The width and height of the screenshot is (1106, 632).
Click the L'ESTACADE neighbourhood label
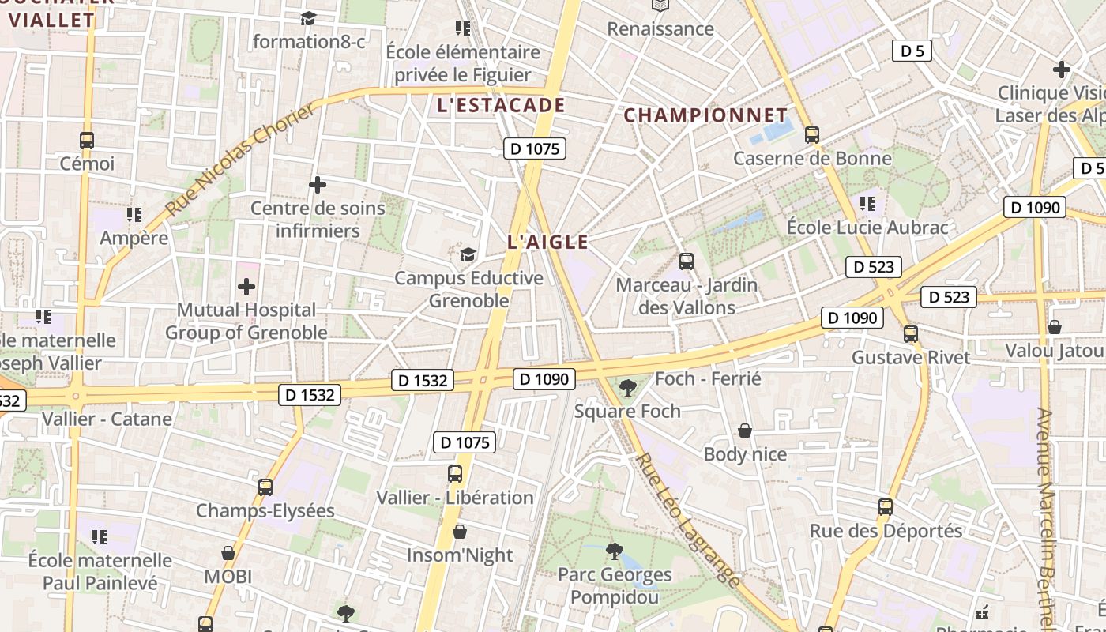(x=501, y=106)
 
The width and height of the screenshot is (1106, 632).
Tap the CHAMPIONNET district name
(x=705, y=115)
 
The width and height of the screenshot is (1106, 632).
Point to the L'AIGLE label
(x=547, y=243)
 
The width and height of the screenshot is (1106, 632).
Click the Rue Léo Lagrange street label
(x=689, y=520)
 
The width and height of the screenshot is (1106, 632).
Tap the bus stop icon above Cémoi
(x=87, y=141)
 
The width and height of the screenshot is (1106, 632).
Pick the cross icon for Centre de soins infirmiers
(x=318, y=186)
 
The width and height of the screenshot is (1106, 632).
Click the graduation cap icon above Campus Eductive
(x=468, y=254)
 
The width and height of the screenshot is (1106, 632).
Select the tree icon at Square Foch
(x=628, y=387)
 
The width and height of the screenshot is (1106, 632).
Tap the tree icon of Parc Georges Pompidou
(x=614, y=551)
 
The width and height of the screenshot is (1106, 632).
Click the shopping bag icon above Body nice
(x=744, y=431)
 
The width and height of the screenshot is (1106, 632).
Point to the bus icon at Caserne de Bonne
(x=812, y=135)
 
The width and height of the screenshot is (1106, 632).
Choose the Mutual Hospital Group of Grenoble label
(x=246, y=321)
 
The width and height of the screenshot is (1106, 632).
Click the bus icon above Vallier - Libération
(x=455, y=474)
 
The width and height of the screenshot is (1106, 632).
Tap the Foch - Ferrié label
(x=708, y=379)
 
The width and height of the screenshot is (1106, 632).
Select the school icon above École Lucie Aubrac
(x=867, y=204)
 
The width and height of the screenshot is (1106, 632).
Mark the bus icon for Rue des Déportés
(x=886, y=507)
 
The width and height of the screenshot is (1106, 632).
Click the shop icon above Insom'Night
(x=460, y=532)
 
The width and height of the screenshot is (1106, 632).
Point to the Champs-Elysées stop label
(x=265, y=511)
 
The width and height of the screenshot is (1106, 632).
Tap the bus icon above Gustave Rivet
(x=911, y=334)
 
